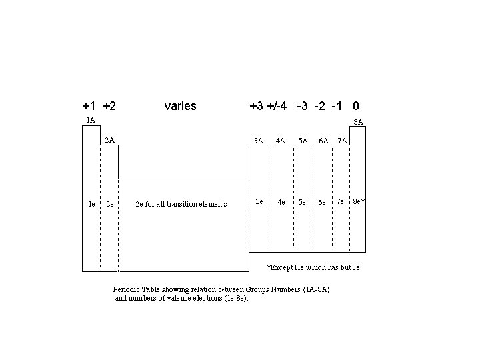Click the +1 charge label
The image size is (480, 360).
89,106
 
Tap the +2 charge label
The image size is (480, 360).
111,106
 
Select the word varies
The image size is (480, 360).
180,106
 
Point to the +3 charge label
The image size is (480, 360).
256,106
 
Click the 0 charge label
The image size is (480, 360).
357,106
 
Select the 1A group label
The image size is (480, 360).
91,120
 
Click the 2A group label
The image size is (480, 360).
110,140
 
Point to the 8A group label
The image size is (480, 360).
358,122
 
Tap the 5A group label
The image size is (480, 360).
303,141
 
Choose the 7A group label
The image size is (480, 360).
341,141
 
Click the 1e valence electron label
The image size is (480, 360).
92,204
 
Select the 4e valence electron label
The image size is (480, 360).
282,201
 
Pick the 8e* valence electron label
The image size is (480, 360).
359,201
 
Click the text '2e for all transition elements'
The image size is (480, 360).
181,204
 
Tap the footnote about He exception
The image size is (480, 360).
313,267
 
